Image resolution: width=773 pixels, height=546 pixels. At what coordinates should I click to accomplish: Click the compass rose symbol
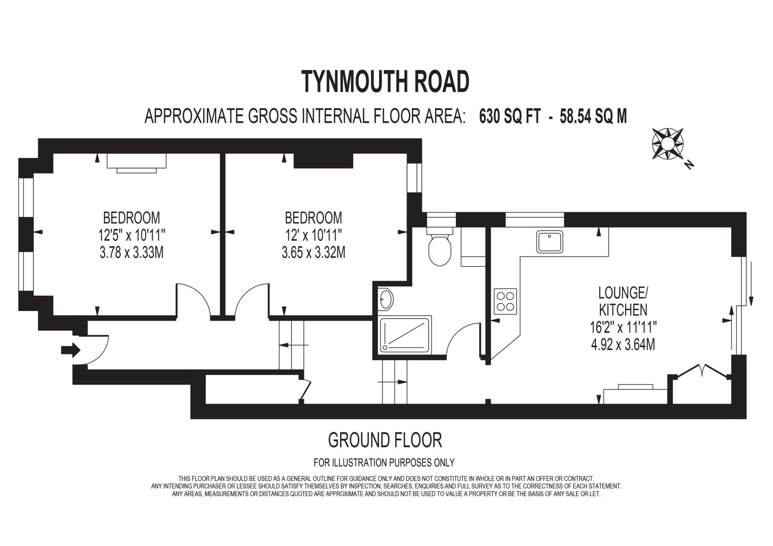click(x=668, y=144)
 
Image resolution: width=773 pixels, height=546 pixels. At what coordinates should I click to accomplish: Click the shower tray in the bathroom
click(x=405, y=335)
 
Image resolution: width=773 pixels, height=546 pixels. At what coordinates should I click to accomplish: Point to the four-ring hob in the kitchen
click(x=505, y=301)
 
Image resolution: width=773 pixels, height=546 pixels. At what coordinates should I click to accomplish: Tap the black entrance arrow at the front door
click(x=71, y=350)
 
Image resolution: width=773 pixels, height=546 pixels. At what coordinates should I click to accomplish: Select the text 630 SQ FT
click(x=510, y=116)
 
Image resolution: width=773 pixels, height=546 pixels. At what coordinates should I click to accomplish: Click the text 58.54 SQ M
click(x=593, y=116)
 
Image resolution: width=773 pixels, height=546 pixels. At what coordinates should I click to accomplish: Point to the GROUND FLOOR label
click(x=385, y=440)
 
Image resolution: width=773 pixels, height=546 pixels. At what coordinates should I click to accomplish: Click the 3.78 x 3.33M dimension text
click(x=131, y=252)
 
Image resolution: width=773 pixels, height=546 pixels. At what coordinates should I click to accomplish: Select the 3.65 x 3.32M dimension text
click(x=313, y=252)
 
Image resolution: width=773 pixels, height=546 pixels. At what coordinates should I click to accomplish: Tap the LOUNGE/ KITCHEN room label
click(x=623, y=301)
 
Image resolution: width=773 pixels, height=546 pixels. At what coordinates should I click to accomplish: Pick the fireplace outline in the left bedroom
click(x=137, y=162)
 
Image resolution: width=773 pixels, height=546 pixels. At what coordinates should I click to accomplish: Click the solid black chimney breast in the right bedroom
click(x=323, y=160)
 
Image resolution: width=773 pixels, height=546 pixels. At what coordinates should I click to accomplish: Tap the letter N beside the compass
click(x=689, y=164)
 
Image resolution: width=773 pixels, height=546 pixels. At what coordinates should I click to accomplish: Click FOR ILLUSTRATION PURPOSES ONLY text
click(x=384, y=462)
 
